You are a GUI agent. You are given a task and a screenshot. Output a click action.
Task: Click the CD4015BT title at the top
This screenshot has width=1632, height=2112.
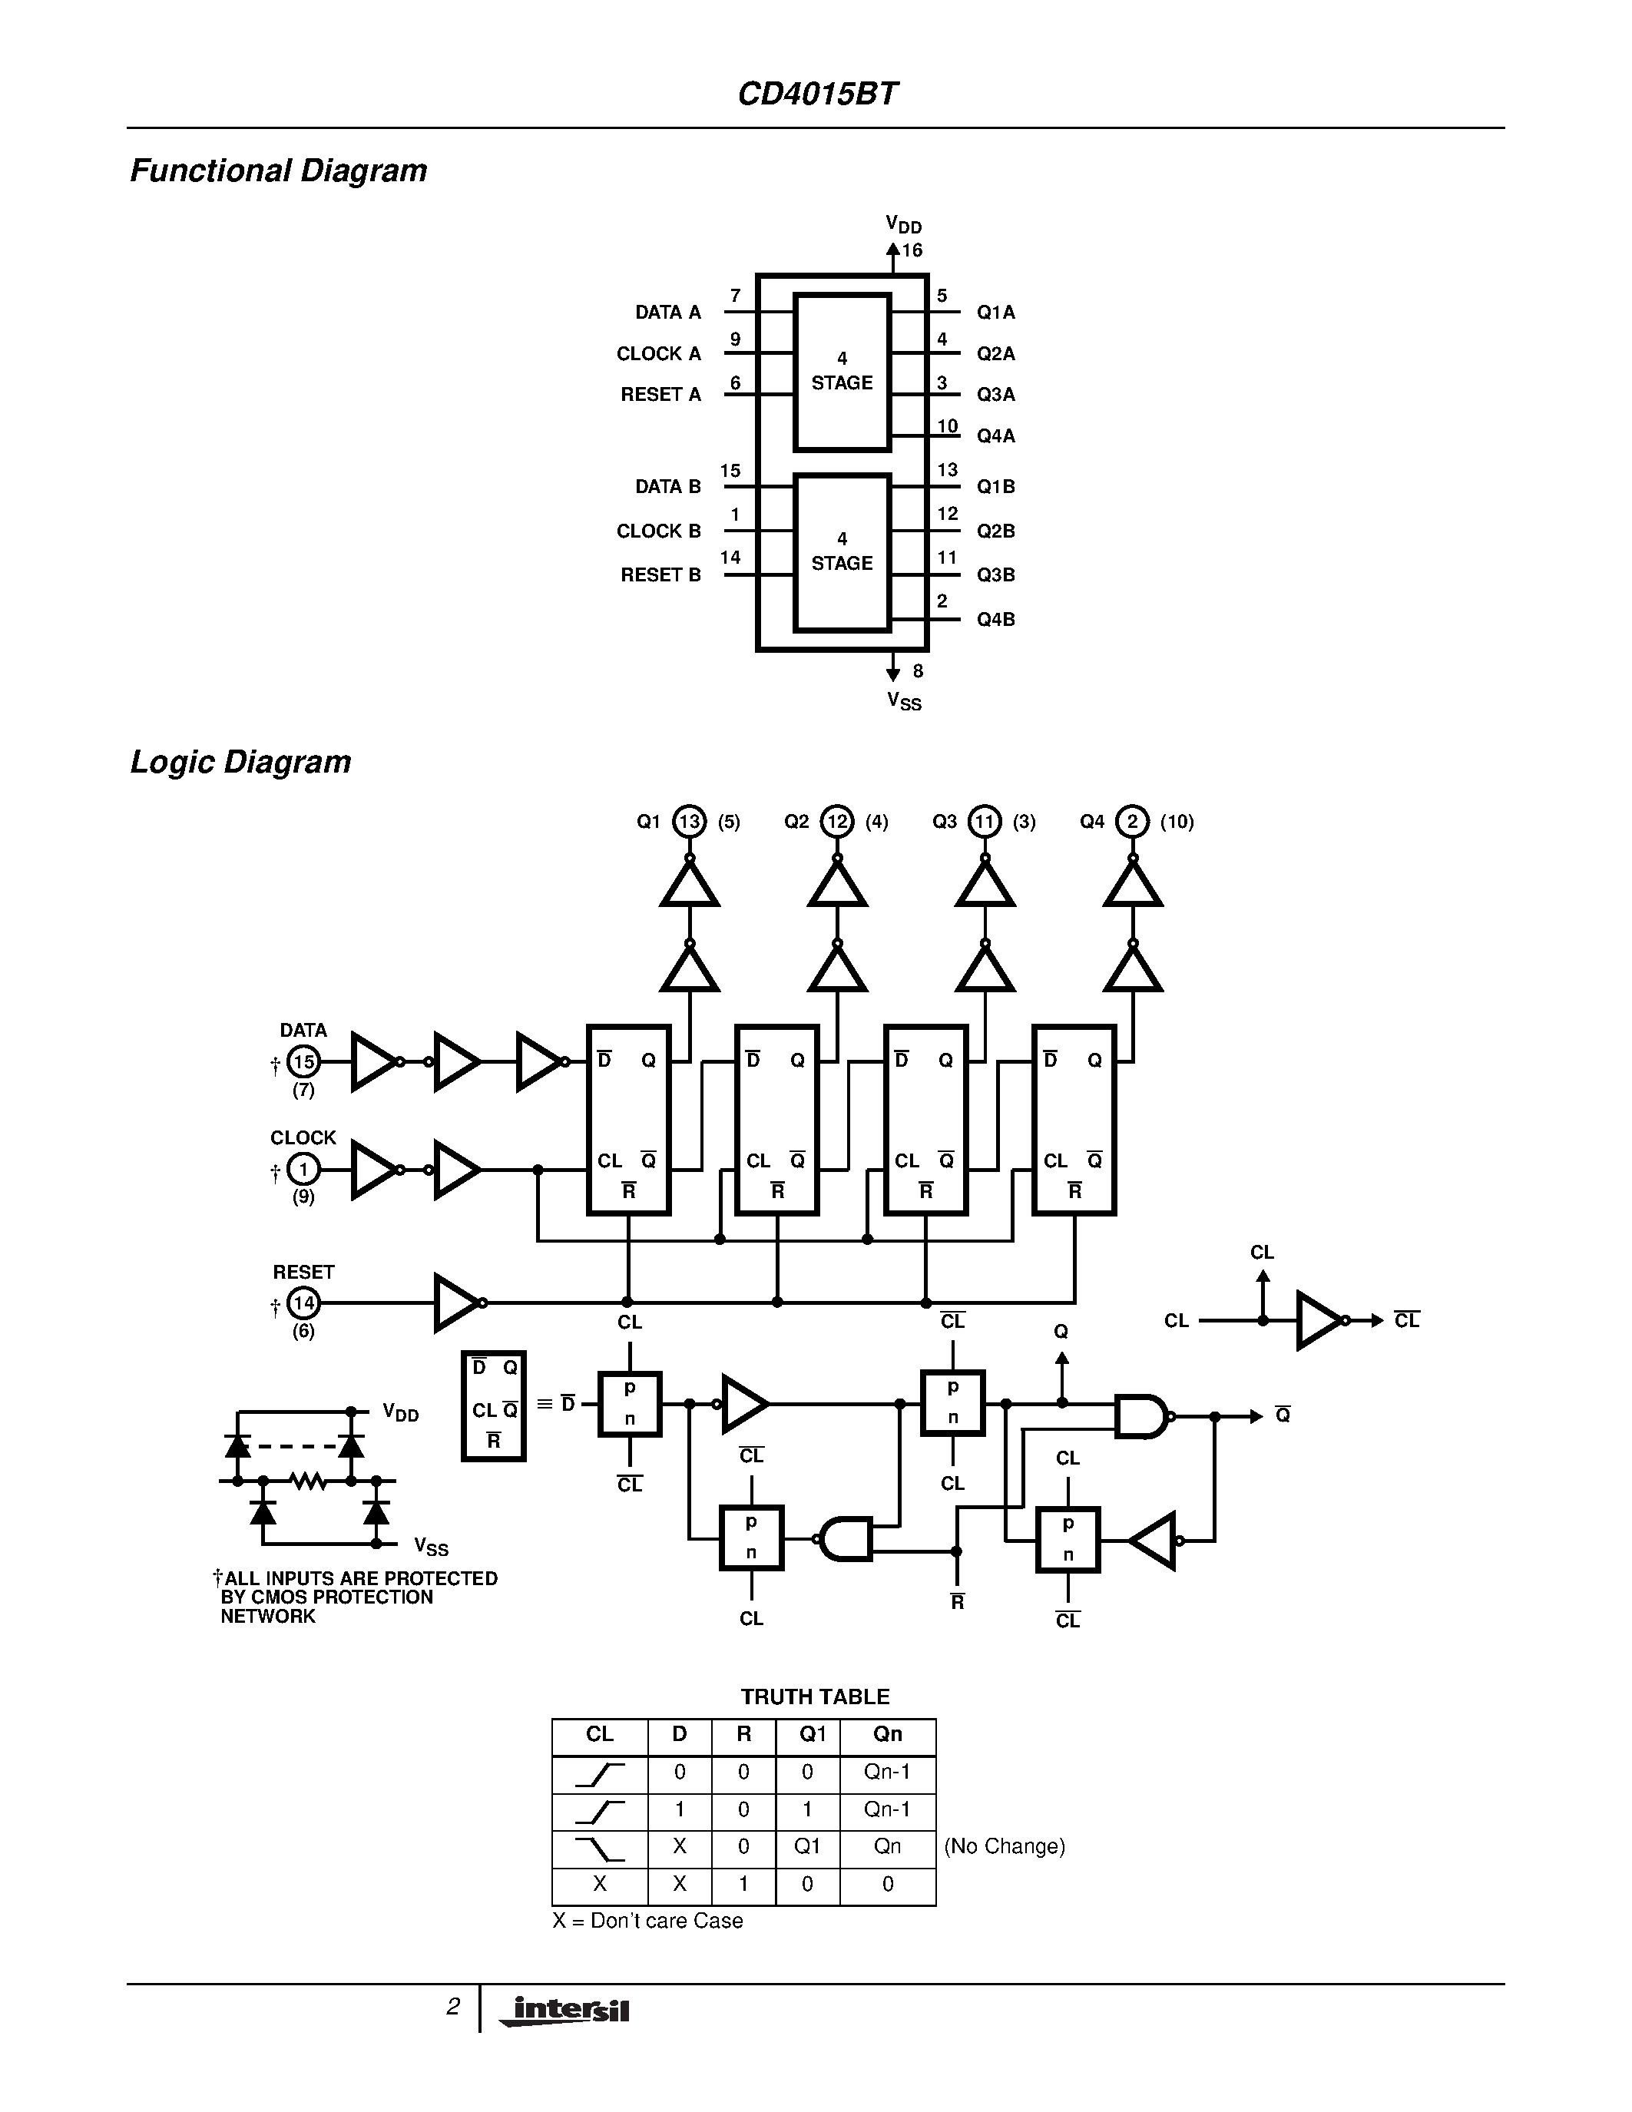coord(817,94)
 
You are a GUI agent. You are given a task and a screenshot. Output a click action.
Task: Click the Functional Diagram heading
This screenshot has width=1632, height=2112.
coord(279,171)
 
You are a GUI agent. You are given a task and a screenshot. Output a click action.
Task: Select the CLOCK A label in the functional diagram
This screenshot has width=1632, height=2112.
coord(658,354)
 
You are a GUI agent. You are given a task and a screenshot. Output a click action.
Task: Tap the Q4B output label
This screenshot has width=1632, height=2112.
coord(995,620)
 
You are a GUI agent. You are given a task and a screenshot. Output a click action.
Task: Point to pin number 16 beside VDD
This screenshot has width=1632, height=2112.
coord(912,250)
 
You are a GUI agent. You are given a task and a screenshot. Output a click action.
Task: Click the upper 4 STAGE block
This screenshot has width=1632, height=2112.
coord(841,372)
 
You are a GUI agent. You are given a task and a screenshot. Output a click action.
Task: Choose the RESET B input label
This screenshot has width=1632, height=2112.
coord(660,575)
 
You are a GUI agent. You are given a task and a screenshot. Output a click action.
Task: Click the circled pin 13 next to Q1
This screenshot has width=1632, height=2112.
coord(690,822)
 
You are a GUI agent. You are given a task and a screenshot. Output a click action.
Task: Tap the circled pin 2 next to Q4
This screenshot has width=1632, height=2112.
coord(1132,822)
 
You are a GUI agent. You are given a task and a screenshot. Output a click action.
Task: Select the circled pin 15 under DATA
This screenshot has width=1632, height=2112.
coord(303,1062)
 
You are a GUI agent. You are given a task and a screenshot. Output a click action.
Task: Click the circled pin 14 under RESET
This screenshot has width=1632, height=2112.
coord(303,1303)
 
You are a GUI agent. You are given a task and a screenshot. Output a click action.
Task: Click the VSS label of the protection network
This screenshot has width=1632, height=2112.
coord(430,1548)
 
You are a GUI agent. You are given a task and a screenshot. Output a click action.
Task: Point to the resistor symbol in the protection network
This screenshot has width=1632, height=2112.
coord(307,1480)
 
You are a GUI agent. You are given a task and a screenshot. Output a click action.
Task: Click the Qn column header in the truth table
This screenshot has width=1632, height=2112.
coord(886,1735)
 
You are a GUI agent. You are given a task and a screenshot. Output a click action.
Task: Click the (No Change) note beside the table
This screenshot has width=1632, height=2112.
coord(1004,1847)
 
